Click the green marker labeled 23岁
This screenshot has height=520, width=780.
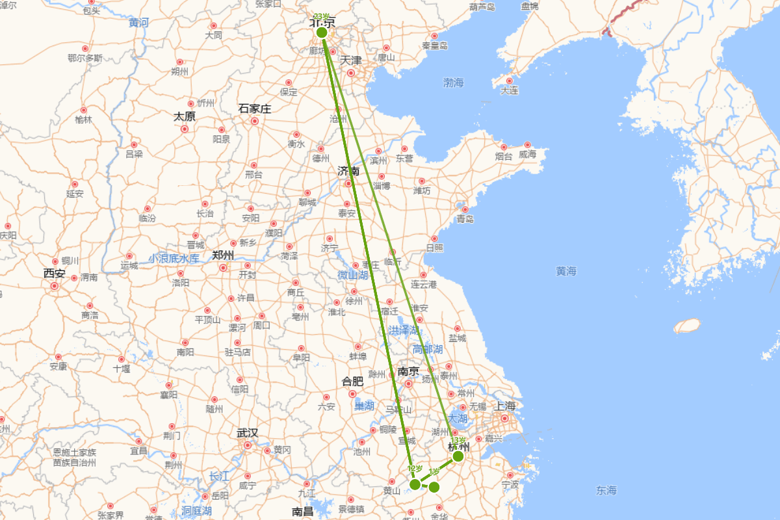click(x=322, y=32)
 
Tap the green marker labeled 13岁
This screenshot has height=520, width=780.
click(x=458, y=456)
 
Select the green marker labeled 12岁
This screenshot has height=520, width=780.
click(x=415, y=484)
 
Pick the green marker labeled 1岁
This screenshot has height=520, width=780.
click(x=434, y=487)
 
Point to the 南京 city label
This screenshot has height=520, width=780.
click(x=408, y=372)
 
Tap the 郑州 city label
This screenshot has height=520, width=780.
click(x=223, y=255)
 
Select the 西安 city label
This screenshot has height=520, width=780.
click(x=55, y=274)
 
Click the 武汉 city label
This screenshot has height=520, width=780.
click(x=247, y=433)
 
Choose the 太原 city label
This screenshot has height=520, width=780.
click(x=184, y=117)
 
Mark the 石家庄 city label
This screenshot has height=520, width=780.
click(x=255, y=109)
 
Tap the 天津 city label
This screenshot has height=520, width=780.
click(x=351, y=60)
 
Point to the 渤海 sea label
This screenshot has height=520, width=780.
click(x=454, y=83)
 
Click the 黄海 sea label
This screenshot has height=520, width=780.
click(x=566, y=271)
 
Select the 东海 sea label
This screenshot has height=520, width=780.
click(x=606, y=490)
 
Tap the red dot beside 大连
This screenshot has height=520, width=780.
click(x=510, y=81)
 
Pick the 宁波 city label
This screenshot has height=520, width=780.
click(x=510, y=485)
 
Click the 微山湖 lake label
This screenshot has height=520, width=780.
click(x=352, y=275)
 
